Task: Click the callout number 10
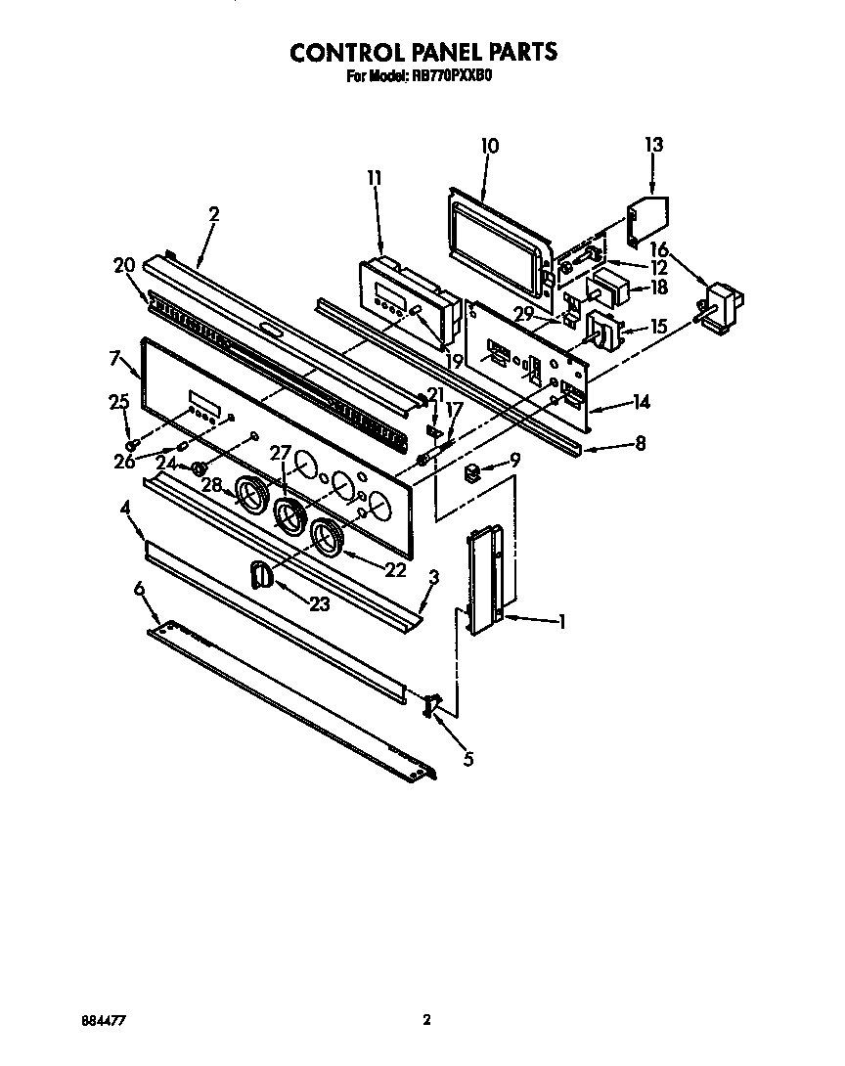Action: coord(490,146)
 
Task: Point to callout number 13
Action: coord(653,145)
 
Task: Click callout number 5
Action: coord(467,758)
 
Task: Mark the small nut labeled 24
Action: coord(199,467)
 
